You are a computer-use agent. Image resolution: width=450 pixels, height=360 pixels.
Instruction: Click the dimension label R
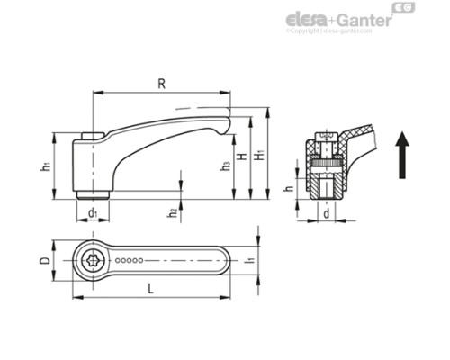[x=161, y=85]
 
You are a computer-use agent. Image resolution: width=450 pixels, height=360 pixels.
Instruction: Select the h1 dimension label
[x=45, y=167]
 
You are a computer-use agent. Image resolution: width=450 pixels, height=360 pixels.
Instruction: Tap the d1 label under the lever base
[x=94, y=212]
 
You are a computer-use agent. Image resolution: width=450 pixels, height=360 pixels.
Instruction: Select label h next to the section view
[x=288, y=190]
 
